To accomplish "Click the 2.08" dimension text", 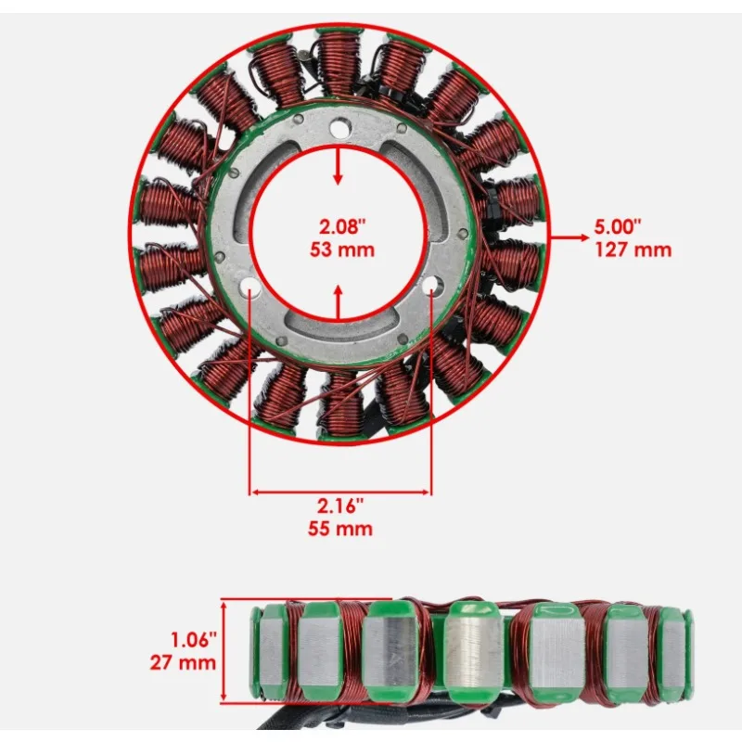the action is tap(342, 227).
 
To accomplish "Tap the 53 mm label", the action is tap(342, 249).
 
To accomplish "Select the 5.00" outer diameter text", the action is tap(618, 227).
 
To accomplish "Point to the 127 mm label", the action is tap(633, 249).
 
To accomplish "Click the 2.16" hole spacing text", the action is tap(340, 506).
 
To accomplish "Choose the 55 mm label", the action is tap(340, 529).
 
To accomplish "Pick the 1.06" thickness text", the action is tap(193, 640).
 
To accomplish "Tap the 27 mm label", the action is tap(183, 662).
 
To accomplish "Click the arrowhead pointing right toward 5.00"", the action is tap(582, 237).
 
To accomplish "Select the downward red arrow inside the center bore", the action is tap(338, 166).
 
